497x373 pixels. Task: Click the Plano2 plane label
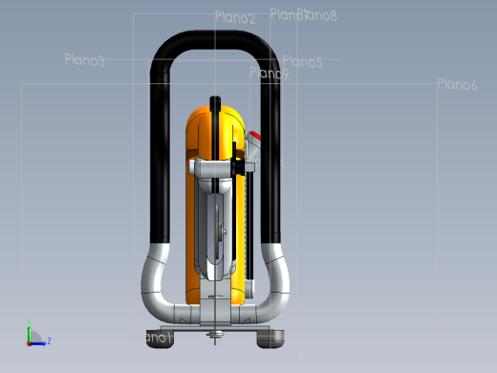(x=235, y=18)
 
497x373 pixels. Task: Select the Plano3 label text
(x=84, y=60)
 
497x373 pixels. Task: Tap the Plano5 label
(x=302, y=62)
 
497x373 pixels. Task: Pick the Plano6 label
(x=457, y=84)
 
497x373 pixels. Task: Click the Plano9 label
(x=269, y=74)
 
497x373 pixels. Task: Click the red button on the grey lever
(x=255, y=135)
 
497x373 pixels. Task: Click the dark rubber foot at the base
(x=271, y=338)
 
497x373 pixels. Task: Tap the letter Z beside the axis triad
(x=49, y=340)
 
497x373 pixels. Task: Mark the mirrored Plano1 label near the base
(x=158, y=338)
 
